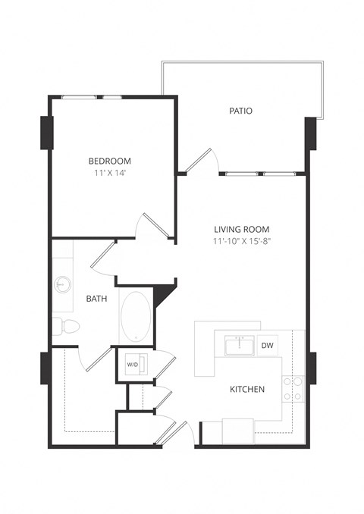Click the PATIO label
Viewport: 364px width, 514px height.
click(240, 111)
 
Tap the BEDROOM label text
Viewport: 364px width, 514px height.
click(110, 161)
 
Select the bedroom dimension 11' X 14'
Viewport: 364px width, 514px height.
click(110, 173)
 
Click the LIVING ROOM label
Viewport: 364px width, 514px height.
click(241, 229)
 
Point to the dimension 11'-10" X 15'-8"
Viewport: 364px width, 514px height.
click(241, 241)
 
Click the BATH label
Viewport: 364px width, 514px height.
click(96, 299)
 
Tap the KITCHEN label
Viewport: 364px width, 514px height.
click(247, 390)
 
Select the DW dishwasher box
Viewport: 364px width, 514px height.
click(268, 345)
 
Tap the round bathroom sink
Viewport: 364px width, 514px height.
click(63, 285)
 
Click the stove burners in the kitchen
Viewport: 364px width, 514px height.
click(293, 388)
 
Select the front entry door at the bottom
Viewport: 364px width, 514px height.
click(180, 433)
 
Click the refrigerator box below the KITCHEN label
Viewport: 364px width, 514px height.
click(237, 430)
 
